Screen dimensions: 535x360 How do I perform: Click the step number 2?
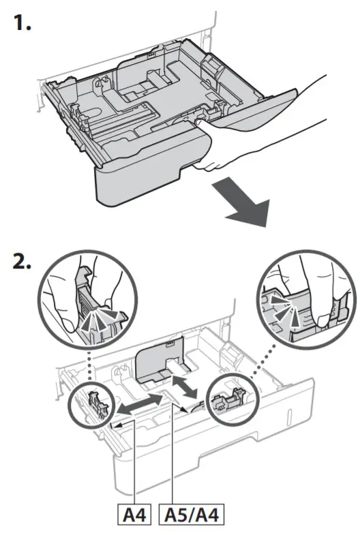tap(23, 263)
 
